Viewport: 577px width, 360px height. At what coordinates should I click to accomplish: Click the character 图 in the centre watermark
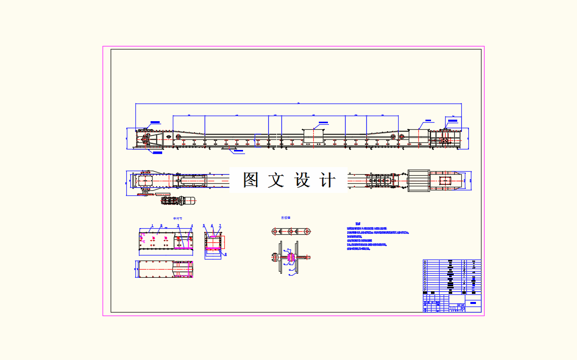(x=251, y=180)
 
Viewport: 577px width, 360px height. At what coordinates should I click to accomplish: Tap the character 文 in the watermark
(x=276, y=180)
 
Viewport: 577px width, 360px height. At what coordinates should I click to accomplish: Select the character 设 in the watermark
(x=302, y=180)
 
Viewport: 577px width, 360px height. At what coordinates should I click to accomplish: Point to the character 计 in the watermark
(x=327, y=180)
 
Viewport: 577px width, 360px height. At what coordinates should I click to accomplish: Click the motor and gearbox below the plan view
(x=179, y=200)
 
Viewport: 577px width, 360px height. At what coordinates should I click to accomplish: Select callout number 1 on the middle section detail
(x=152, y=225)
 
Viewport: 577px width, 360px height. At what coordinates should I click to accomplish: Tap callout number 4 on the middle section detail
(x=191, y=226)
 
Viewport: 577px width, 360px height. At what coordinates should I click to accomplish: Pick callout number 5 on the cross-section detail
(x=204, y=226)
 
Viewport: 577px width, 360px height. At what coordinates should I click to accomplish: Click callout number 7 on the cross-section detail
(x=220, y=225)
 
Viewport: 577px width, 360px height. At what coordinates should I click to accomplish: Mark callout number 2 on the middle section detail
(x=161, y=225)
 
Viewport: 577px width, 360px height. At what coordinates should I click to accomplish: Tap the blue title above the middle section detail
(x=177, y=218)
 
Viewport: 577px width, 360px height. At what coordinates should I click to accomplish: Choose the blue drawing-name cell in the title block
(x=473, y=303)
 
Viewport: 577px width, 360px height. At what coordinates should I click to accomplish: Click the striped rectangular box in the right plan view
(x=418, y=181)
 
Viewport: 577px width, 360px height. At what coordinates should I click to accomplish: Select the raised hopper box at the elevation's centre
(x=313, y=136)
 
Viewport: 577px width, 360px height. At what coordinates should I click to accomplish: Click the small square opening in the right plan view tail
(x=445, y=180)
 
